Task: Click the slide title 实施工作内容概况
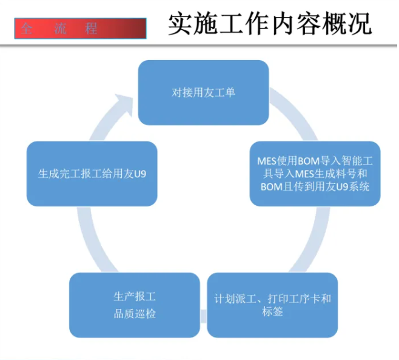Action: click(269, 25)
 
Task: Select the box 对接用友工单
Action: click(203, 92)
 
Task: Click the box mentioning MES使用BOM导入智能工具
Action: click(315, 174)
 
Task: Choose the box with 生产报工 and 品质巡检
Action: click(134, 305)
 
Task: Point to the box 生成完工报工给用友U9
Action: click(92, 174)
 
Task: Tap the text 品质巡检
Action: click(135, 313)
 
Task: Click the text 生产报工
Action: click(135, 297)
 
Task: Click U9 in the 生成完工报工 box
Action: click(140, 174)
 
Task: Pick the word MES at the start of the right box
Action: click(267, 161)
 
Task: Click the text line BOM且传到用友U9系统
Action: click(315, 187)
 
